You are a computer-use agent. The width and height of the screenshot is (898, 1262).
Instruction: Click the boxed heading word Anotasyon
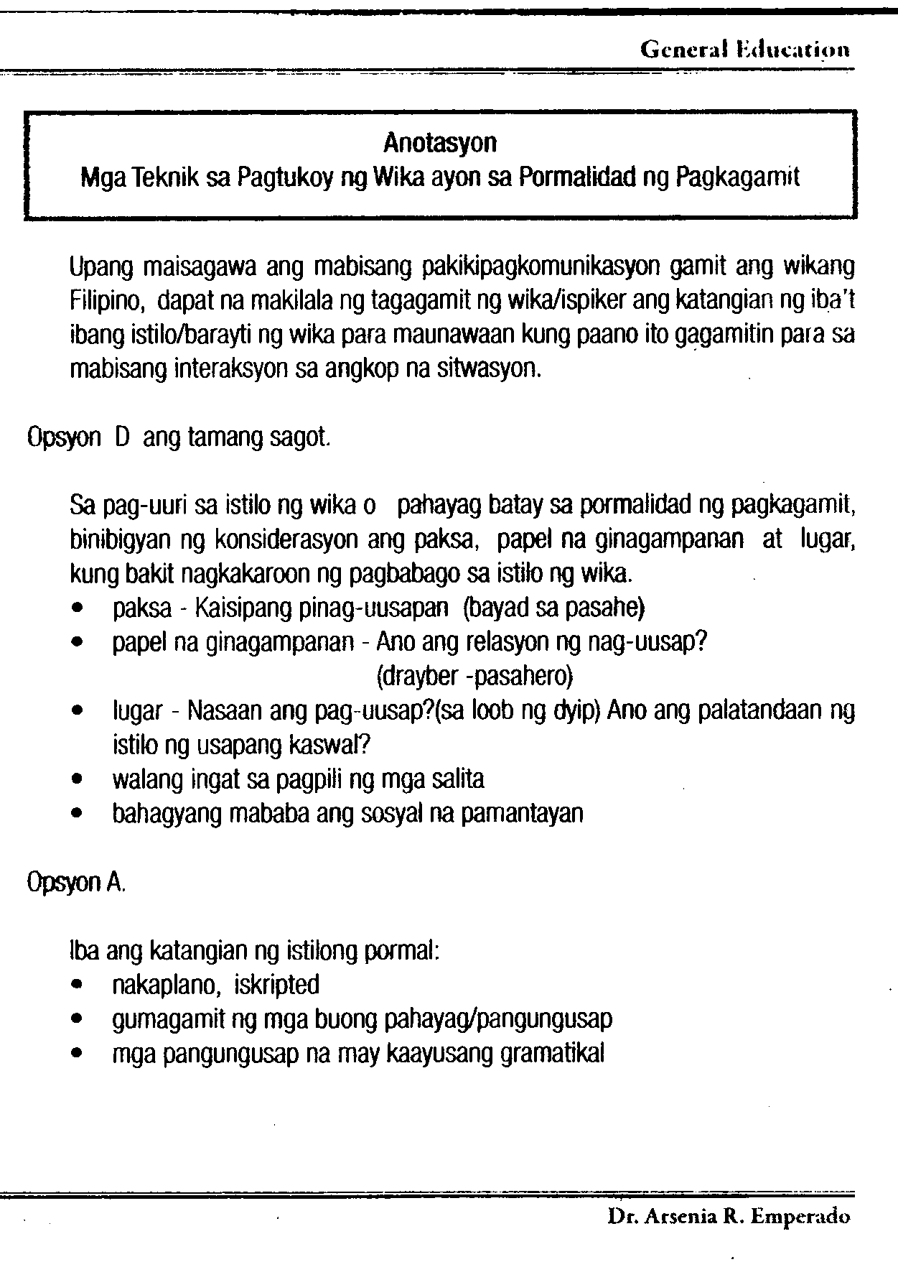[x=439, y=143]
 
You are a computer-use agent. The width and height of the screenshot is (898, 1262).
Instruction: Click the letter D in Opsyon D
[x=121, y=438]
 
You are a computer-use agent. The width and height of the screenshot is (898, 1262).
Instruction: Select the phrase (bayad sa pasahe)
[x=554, y=609]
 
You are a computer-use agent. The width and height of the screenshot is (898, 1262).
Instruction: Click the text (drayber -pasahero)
[x=474, y=677]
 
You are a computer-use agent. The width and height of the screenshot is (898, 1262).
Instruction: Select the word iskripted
[x=276, y=985]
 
